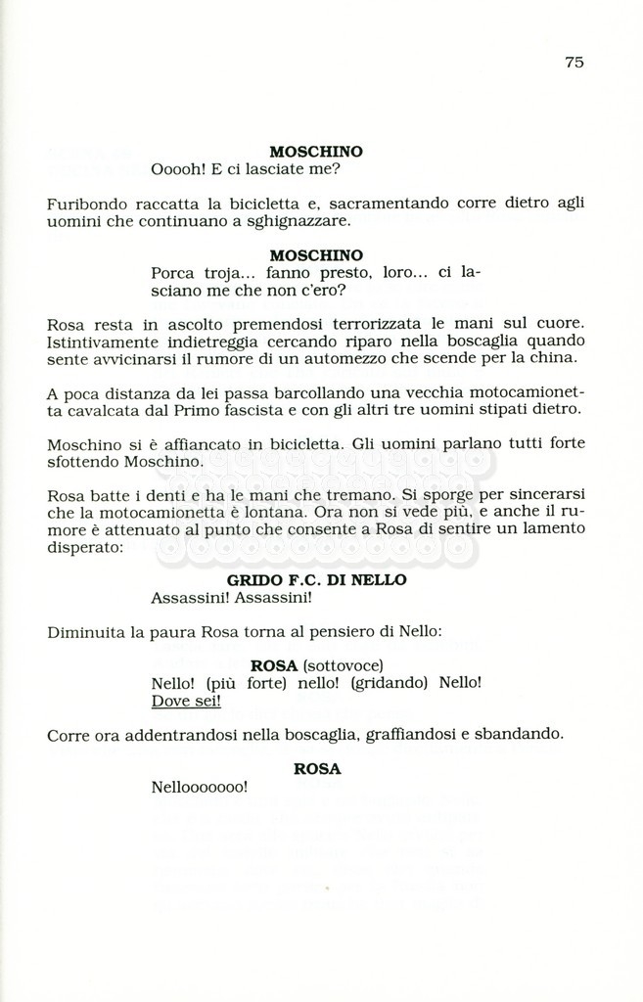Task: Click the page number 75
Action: tap(574, 62)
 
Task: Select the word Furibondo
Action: tap(81, 204)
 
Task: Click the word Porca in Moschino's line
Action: tap(172, 273)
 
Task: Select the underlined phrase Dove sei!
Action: tap(186, 701)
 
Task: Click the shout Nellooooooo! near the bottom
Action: tap(200, 787)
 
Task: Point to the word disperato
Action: tap(85, 547)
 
